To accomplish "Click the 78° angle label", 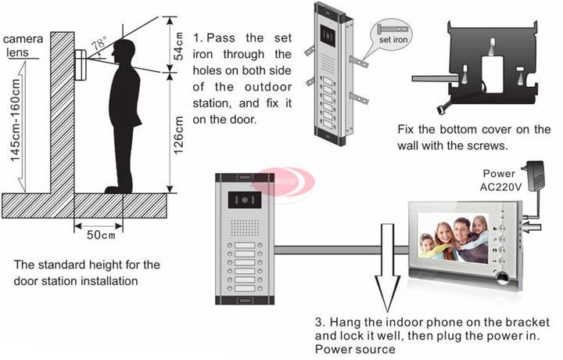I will [x=99, y=45].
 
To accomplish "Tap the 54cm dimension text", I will [x=178, y=46].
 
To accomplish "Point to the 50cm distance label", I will [x=100, y=234].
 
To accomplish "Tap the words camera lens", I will [x=22, y=45].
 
